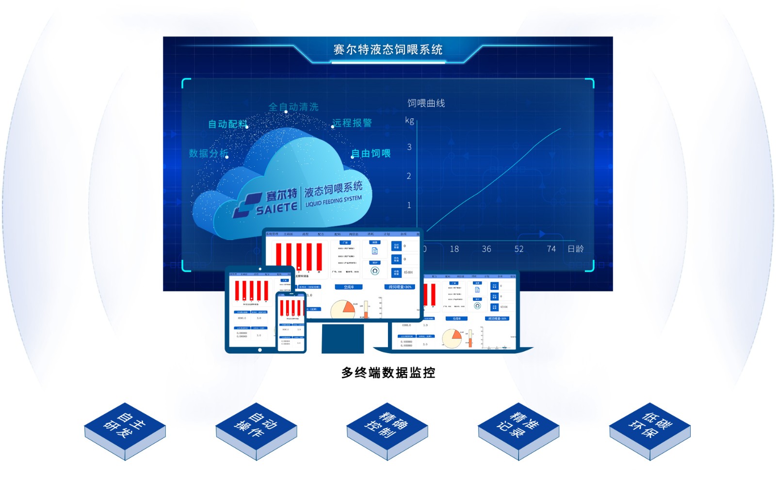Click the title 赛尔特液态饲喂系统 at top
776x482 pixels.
point(388,49)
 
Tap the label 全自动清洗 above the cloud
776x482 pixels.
point(293,107)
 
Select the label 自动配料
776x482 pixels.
point(227,124)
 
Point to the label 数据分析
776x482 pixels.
point(208,153)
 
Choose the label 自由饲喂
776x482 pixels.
point(371,153)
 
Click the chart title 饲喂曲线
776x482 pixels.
point(426,103)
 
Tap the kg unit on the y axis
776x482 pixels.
point(409,120)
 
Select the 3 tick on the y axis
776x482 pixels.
point(409,147)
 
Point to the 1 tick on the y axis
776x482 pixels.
point(409,205)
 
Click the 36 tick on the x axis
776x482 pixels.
point(486,249)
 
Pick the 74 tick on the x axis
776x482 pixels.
point(551,249)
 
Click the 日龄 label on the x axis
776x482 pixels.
point(576,249)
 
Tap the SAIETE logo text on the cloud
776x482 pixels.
point(276,209)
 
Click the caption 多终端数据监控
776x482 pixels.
point(388,372)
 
